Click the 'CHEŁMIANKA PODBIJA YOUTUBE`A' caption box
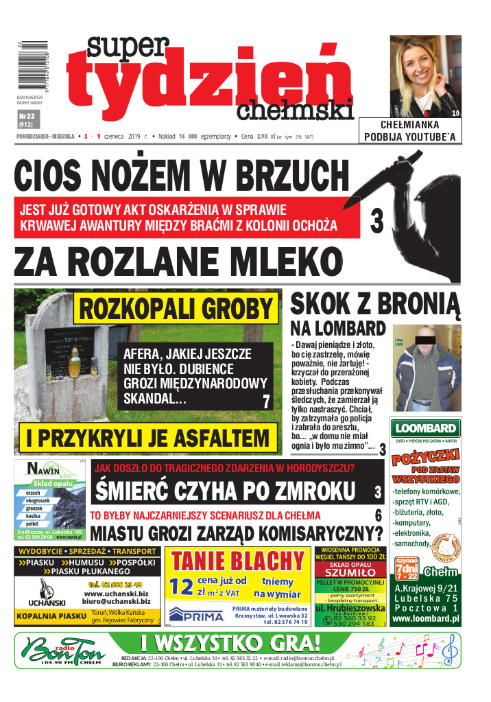click(x=418, y=130)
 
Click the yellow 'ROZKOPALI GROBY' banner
click(x=176, y=308)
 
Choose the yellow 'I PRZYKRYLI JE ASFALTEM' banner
click(x=147, y=436)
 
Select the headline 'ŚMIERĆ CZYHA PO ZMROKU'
click(x=226, y=492)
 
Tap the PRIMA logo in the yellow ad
click(x=196, y=613)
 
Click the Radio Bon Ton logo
click(x=60, y=650)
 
